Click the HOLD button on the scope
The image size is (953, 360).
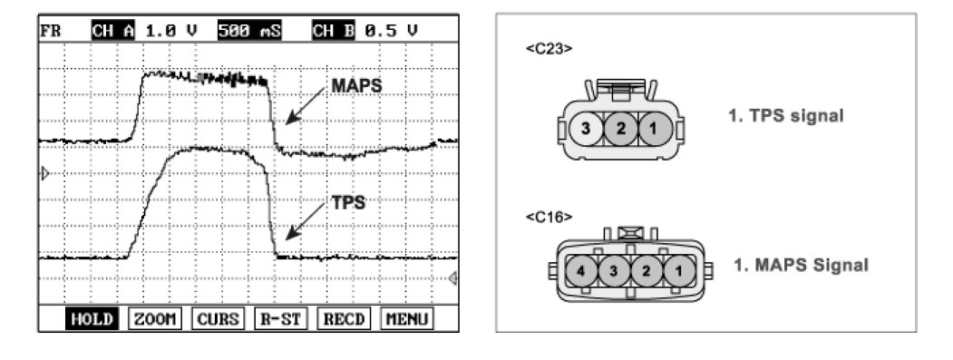(90, 318)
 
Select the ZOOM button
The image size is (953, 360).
(155, 318)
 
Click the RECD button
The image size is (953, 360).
(344, 318)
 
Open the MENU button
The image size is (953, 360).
(407, 318)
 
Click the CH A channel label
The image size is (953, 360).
(113, 30)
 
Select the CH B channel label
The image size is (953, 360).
(333, 30)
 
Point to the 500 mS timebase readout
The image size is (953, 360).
(249, 30)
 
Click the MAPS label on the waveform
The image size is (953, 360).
(356, 86)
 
